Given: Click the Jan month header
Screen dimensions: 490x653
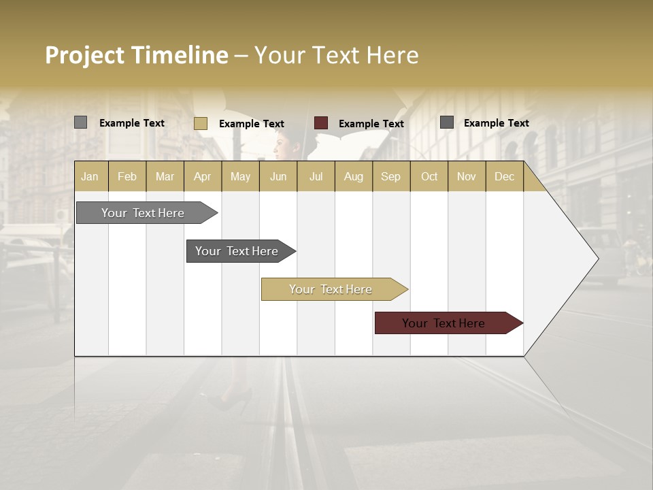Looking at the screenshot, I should click(x=90, y=176).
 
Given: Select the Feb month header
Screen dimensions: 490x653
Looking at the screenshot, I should click(x=127, y=176).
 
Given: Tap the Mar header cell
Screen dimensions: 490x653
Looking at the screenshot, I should click(x=165, y=176).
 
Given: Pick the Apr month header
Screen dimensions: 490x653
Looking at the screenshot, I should click(x=203, y=176).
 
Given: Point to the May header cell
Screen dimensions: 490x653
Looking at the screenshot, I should click(x=240, y=176).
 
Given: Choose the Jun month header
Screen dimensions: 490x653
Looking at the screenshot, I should click(x=278, y=176).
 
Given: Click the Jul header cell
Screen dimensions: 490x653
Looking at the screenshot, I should click(x=316, y=176).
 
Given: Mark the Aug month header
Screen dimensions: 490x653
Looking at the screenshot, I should click(x=353, y=176).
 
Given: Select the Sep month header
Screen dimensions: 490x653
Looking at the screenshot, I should click(x=390, y=176).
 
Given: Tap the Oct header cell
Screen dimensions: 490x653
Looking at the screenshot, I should click(x=429, y=176).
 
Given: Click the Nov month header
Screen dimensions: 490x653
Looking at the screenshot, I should click(x=467, y=176).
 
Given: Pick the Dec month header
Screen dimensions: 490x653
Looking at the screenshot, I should click(x=504, y=176).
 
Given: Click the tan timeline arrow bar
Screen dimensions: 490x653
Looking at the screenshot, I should click(x=331, y=289).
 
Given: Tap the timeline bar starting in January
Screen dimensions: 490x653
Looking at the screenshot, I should click(x=144, y=213).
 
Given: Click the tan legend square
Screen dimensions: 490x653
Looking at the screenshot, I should click(x=200, y=123).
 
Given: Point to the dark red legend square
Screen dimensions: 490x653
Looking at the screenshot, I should click(x=321, y=123).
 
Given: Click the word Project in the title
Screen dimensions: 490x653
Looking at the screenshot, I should click(x=84, y=55).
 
